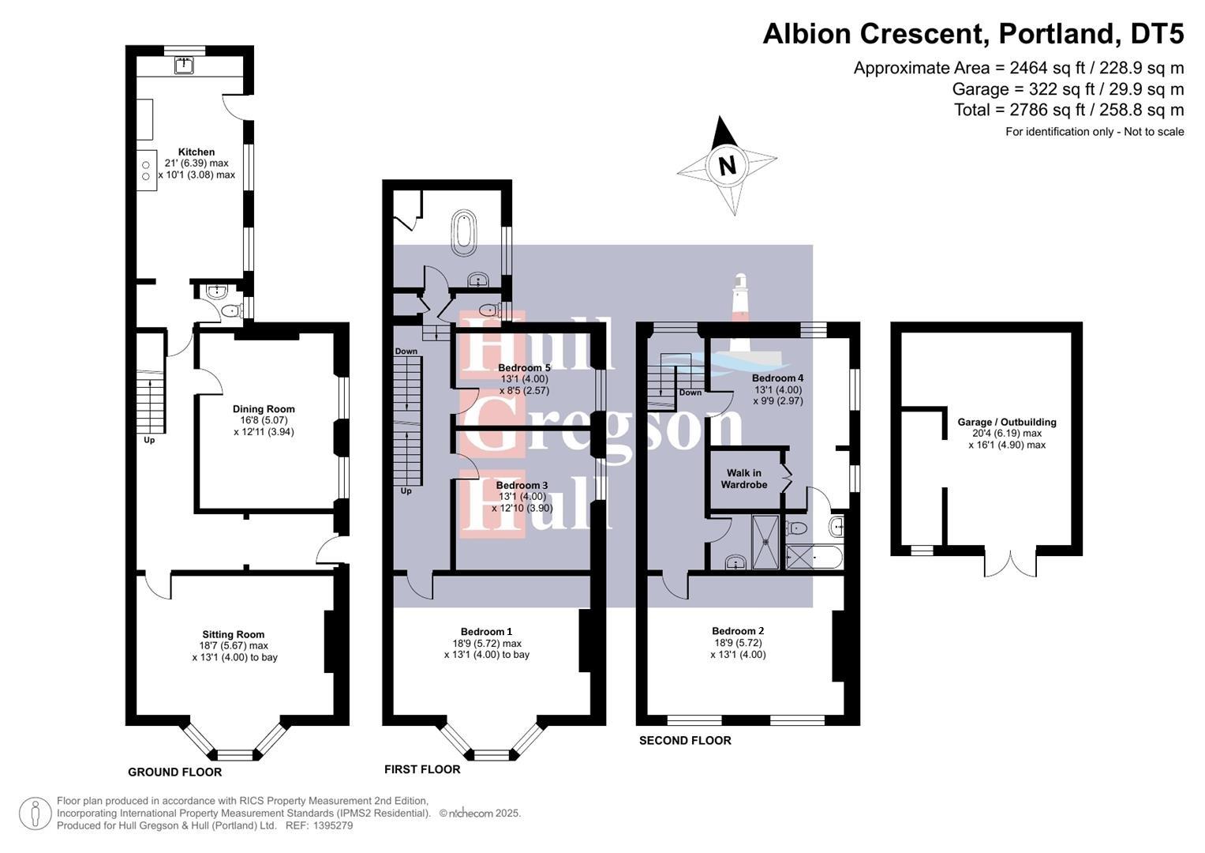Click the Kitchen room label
click(x=196, y=152)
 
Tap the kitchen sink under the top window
click(x=184, y=65)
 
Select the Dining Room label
click(x=264, y=409)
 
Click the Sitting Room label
click(x=233, y=634)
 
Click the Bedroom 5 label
click(x=524, y=368)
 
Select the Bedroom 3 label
click(x=522, y=485)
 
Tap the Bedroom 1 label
click(x=486, y=631)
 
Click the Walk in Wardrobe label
click(x=743, y=479)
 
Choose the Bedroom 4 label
click(x=777, y=378)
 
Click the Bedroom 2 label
click(x=738, y=630)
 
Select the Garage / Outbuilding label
click(x=1006, y=423)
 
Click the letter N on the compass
click(x=727, y=166)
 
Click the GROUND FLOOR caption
click(x=174, y=772)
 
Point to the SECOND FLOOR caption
click(x=685, y=740)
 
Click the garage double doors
click(x=1009, y=562)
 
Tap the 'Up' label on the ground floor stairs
click(x=148, y=440)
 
